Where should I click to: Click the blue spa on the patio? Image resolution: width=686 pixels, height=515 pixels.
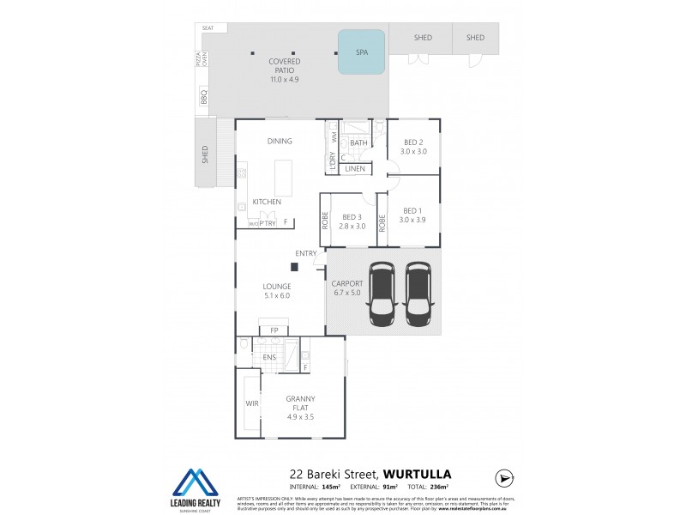[361, 51]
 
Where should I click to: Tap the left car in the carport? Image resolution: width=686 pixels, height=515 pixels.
[382, 294]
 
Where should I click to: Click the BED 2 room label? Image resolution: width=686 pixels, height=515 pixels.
[413, 142]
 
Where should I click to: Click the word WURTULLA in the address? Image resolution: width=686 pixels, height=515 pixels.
[417, 473]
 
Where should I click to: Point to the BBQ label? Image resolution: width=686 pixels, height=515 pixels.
[204, 99]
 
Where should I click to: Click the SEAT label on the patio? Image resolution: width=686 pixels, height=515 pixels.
[208, 28]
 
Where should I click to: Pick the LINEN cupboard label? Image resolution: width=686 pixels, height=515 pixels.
[355, 169]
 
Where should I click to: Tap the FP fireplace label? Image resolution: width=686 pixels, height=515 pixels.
[274, 330]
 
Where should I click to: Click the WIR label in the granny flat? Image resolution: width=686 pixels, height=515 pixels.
[252, 403]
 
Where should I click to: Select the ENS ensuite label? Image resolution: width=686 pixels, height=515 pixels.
[268, 357]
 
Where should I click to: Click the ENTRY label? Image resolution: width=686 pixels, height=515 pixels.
[306, 253]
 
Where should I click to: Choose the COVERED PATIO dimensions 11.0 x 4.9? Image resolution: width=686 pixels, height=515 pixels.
[284, 80]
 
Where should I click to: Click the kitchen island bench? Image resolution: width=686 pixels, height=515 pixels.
[282, 179]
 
